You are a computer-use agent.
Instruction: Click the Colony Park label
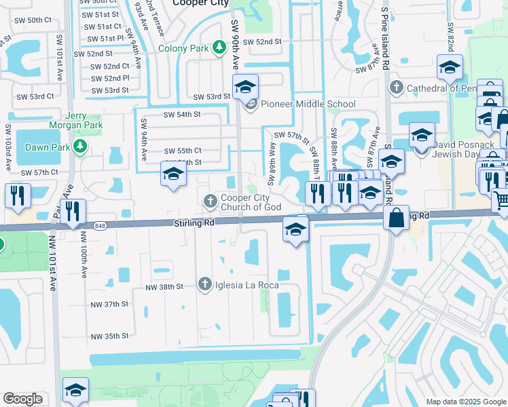click(183, 48)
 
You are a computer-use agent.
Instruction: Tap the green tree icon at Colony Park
click(219, 47)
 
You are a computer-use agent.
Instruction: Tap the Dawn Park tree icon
click(80, 147)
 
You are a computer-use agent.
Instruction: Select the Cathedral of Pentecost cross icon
click(397, 88)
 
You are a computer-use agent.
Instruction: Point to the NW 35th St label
click(109, 336)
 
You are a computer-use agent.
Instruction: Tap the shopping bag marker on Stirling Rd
click(396, 218)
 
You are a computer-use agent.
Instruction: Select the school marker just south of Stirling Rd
click(296, 231)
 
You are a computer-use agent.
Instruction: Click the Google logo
click(22, 399)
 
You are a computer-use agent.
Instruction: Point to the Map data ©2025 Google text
click(465, 402)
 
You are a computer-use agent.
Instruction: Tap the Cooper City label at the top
click(200, 3)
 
